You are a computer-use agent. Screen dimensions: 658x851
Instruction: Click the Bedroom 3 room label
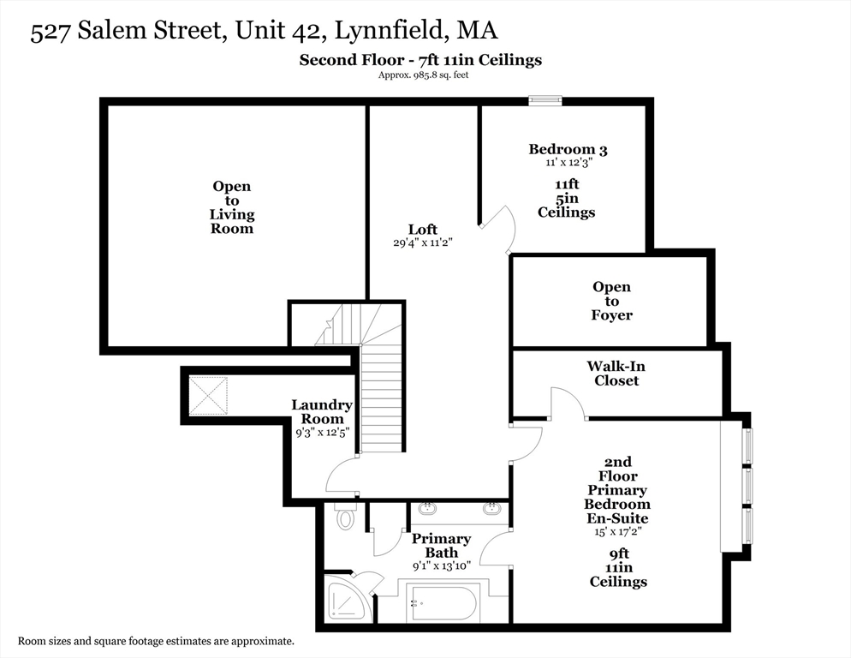(568, 150)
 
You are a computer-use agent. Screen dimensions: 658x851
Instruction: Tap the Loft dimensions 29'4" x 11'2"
(422, 243)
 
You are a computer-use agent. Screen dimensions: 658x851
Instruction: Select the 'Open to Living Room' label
(232, 207)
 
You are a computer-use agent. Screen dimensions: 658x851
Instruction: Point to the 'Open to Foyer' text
(611, 301)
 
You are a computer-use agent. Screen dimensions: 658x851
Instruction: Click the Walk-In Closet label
(616, 373)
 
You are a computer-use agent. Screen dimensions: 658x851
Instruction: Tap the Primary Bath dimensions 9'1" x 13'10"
(441, 566)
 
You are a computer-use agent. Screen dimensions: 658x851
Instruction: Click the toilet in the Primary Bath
(345, 517)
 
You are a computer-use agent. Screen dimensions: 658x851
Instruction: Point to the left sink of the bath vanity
(427, 509)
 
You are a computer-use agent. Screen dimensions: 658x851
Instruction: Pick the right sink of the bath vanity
(491, 509)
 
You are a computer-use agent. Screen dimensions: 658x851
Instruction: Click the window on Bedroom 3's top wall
(545, 101)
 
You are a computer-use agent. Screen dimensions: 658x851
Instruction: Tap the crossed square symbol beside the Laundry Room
(208, 395)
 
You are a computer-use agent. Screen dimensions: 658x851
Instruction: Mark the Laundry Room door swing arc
(341, 474)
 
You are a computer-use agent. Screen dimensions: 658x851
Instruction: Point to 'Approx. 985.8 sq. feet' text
(423, 75)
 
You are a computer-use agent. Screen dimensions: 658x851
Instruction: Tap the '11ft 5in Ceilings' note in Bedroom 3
(566, 198)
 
